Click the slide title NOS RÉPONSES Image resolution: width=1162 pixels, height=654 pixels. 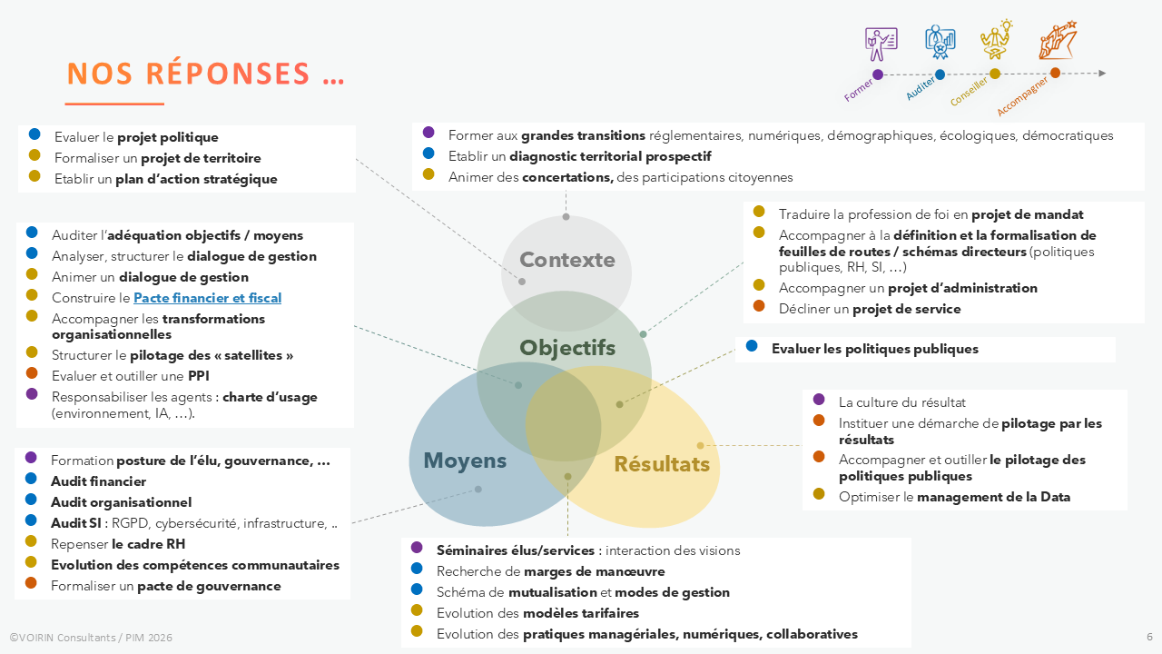(205, 74)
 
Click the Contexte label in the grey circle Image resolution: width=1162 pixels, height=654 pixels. (566, 261)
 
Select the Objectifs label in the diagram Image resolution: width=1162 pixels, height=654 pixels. (566, 348)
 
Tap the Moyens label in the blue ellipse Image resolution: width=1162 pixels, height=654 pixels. (464, 461)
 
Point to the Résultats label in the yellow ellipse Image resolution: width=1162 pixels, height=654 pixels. (662, 464)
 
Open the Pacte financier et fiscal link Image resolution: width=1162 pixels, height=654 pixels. (207, 298)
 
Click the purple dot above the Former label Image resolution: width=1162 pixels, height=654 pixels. (877, 74)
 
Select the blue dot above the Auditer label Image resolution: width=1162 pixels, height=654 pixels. (940, 74)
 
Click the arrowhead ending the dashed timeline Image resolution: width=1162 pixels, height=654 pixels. (1102, 74)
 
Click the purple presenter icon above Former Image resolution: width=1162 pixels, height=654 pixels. (881, 41)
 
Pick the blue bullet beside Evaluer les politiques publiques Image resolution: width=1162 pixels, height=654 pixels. (752, 346)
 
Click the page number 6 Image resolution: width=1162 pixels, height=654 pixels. (1149, 637)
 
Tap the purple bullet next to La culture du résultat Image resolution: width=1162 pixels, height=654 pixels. (819, 400)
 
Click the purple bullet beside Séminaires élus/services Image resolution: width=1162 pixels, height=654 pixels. (417, 548)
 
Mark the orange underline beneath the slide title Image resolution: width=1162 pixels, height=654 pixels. (114, 104)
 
